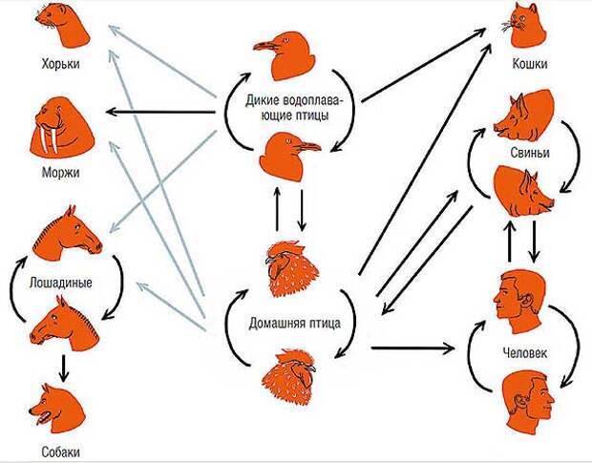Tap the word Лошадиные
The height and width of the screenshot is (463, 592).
pos(64,283)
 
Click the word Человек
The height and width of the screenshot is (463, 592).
pos(524,352)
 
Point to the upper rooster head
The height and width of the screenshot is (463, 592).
pos(288,270)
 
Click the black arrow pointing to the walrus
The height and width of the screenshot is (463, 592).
pos(162,112)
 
